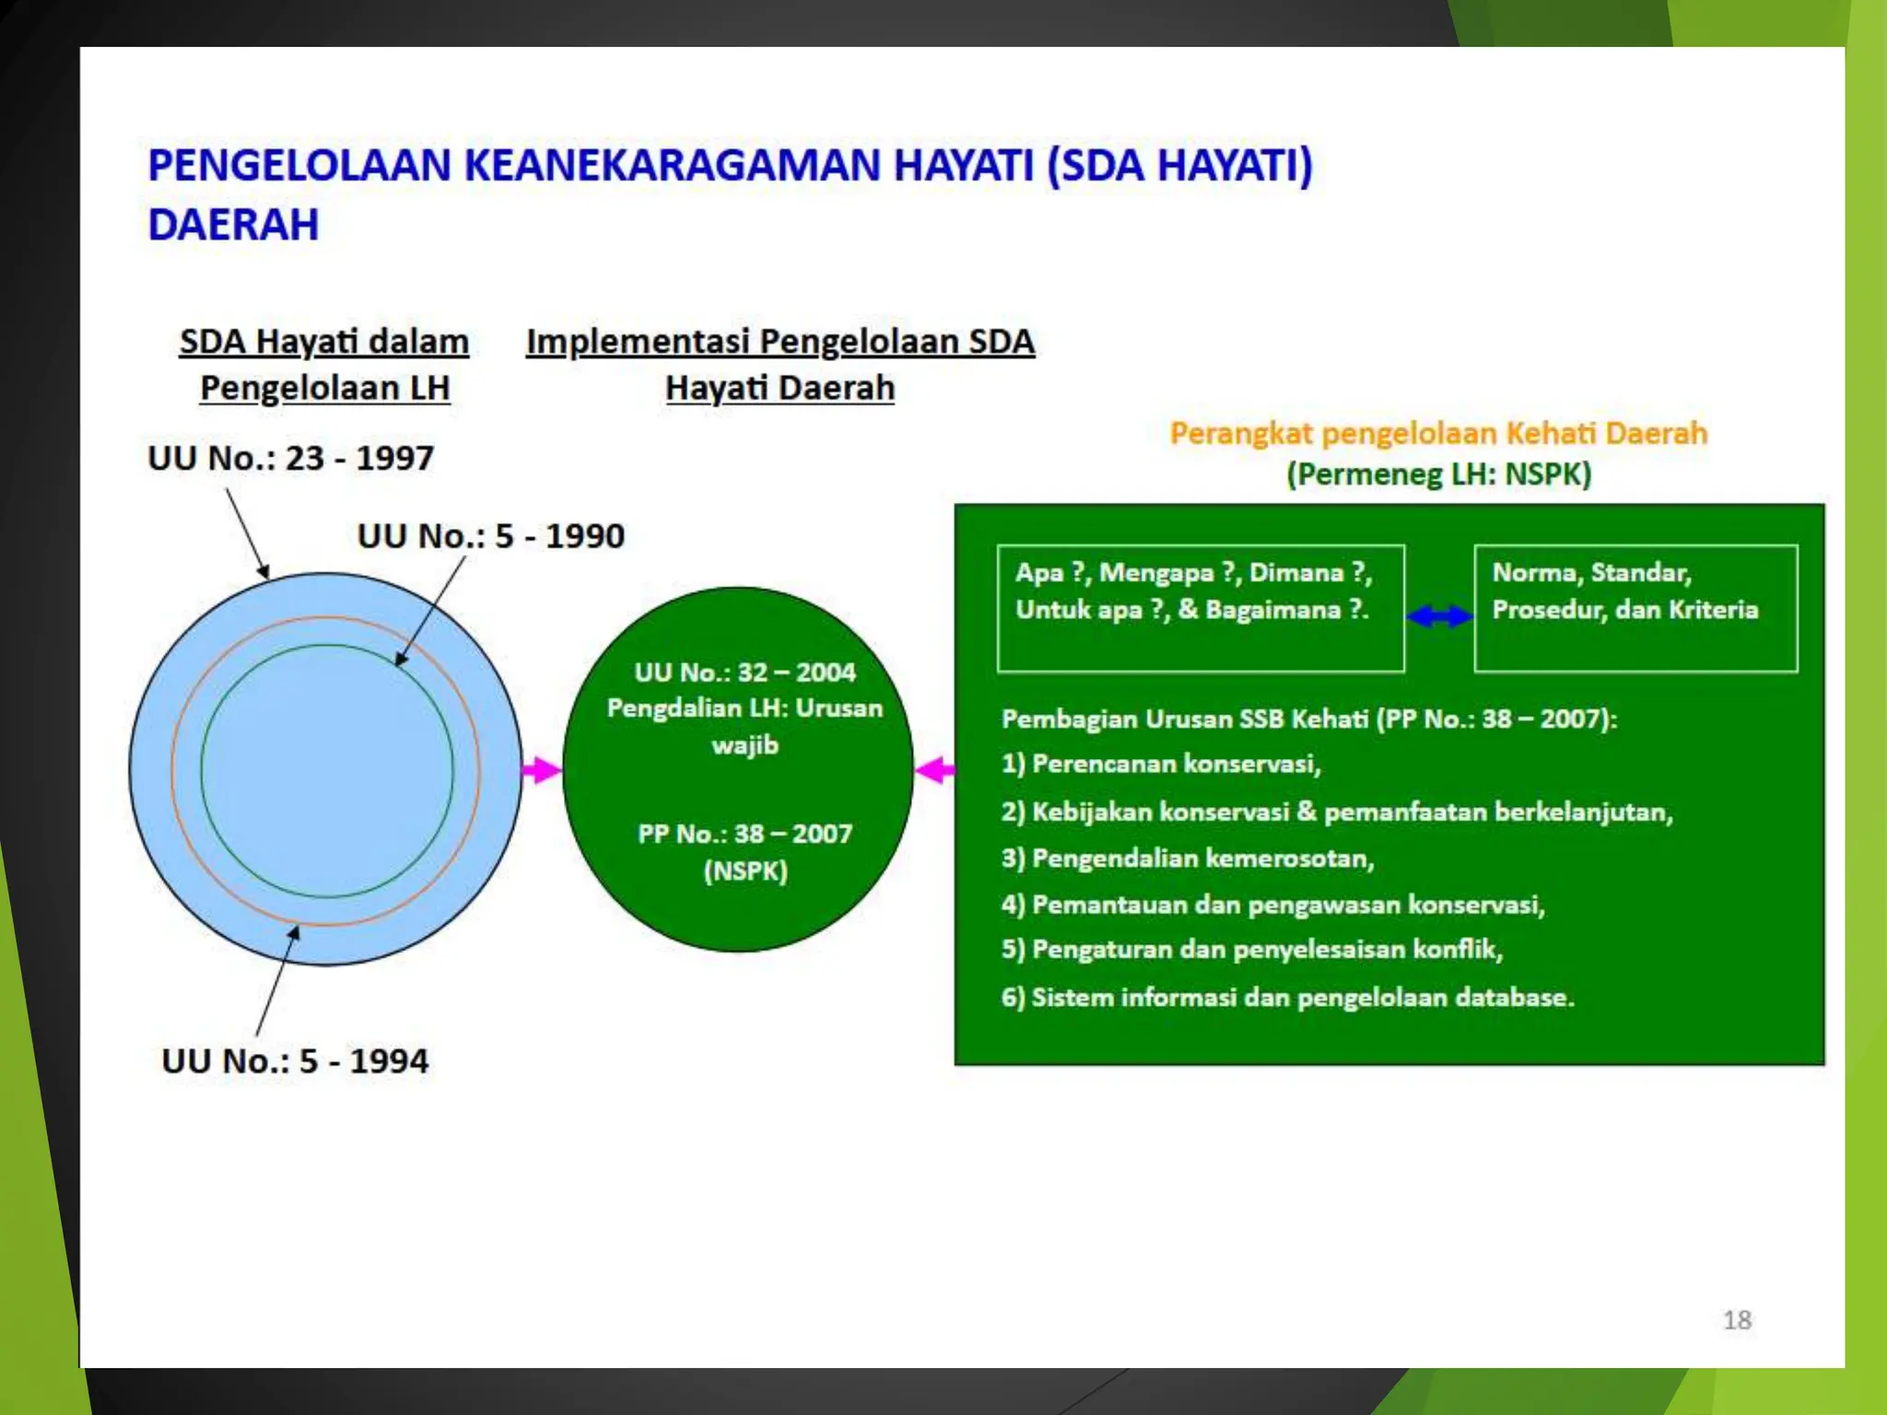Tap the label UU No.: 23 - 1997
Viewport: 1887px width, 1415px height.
(290, 458)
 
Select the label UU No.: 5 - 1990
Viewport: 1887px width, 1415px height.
(490, 536)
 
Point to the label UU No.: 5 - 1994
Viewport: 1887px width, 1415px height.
(295, 1061)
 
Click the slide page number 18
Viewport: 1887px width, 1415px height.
(1737, 1320)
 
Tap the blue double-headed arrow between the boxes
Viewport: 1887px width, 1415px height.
(1439, 616)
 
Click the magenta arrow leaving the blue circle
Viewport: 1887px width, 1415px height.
(542, 770)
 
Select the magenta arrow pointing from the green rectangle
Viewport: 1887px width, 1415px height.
(935, 770)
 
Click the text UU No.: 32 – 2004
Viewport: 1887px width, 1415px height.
(744, 672)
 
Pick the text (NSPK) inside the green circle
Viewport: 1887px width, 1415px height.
(745, 871)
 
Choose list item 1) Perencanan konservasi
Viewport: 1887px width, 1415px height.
(1161, 764)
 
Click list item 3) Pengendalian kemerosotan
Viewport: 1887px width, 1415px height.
(1188, 859)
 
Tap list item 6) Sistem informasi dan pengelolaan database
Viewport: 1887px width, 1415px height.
(1287, 998)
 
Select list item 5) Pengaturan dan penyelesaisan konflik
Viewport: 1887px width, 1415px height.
(1252, 950)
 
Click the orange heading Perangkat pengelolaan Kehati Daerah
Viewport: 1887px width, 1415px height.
(1438, 433)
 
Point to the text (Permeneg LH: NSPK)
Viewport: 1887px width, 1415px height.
(1438, 474)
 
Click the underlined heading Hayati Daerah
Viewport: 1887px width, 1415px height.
(779, 388)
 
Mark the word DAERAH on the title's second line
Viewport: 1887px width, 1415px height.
(233, 226)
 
